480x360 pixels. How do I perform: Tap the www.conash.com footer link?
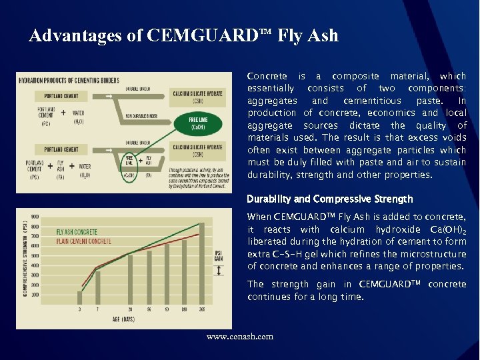point(240,337)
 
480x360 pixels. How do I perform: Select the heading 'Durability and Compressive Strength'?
point(330,199)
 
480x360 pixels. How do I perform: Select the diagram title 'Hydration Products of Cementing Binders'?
point(69,81)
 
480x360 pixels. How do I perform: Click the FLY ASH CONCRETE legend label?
point(77,232)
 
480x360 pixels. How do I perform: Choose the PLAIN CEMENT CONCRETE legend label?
point(83,241)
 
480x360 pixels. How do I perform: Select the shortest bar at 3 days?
point(80,298)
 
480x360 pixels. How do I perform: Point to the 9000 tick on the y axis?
point(35,216)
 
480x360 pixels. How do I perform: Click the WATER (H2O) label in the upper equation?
point(77,117)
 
